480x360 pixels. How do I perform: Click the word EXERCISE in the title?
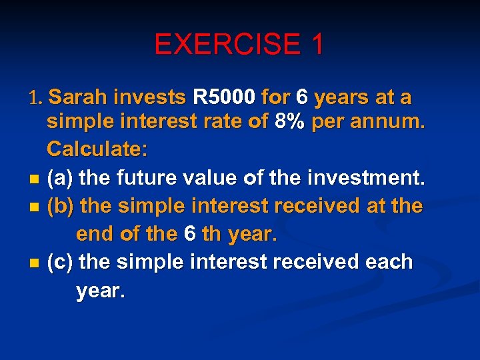click(x=224, y=45)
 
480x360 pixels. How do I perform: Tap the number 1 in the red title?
click(x=315, y=45)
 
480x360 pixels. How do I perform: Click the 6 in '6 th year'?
click(x=190, y=235)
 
